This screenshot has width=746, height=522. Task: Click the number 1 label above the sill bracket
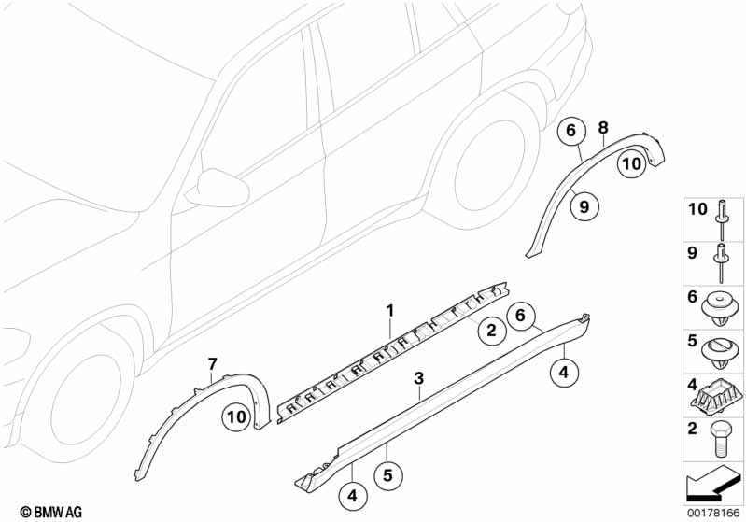click(x=391, y=309)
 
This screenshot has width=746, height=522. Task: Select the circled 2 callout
click(x=488, y=329)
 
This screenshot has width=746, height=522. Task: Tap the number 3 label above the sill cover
click(x=419, y=377)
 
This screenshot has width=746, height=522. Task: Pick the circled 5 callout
click(x=388, y=474)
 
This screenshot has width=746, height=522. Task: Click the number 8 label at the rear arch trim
click(x=603, y=126)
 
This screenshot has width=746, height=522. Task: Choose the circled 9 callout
click(x=584, y=207)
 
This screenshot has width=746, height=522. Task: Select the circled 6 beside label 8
click(x=570, y=132)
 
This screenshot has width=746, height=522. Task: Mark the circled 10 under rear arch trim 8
click(x=632, y=163)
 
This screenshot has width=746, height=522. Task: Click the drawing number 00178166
click(x=715, y=512)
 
